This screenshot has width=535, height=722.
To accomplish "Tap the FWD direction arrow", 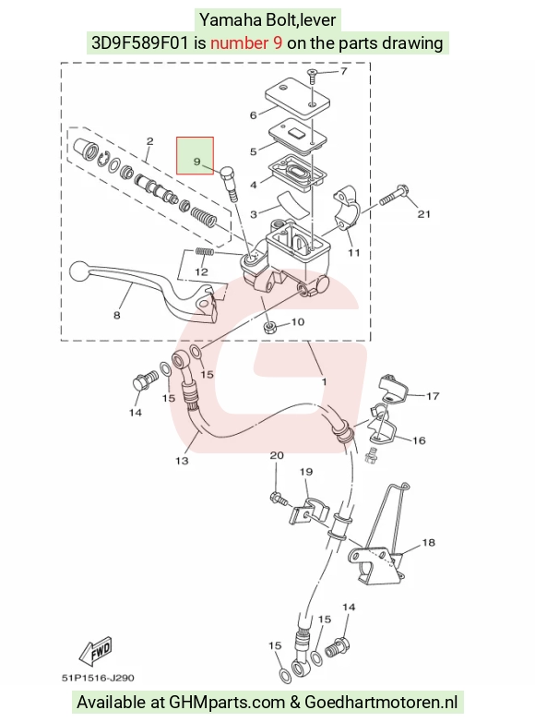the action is (x=96, y=652).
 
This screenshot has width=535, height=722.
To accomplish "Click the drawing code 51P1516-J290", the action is (x=98, y=678).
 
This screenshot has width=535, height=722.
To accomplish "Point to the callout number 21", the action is (x=423, y=214).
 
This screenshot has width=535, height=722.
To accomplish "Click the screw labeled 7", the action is (x=312, y=75).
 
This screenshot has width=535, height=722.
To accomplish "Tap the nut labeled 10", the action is (x=269, y=328).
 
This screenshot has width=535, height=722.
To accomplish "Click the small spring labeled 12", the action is (x=204, y=252).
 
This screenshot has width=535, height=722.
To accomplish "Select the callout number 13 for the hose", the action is (x=182, y=461).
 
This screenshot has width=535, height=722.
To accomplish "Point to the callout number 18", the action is (x=428, y=542).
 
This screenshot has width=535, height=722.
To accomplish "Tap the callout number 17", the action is (x=433, y=396).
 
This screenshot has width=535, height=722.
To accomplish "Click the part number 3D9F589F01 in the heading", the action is (x=140, y=43).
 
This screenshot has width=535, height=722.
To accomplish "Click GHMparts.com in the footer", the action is (x=227, y=703).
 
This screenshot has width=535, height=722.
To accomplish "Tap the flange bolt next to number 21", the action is (x=394, y=196).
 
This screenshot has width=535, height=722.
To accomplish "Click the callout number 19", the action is (x=306, y=472).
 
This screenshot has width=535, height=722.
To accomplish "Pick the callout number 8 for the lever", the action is (x=117, y=315).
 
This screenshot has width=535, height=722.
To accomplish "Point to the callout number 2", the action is (x=149, y=141).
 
